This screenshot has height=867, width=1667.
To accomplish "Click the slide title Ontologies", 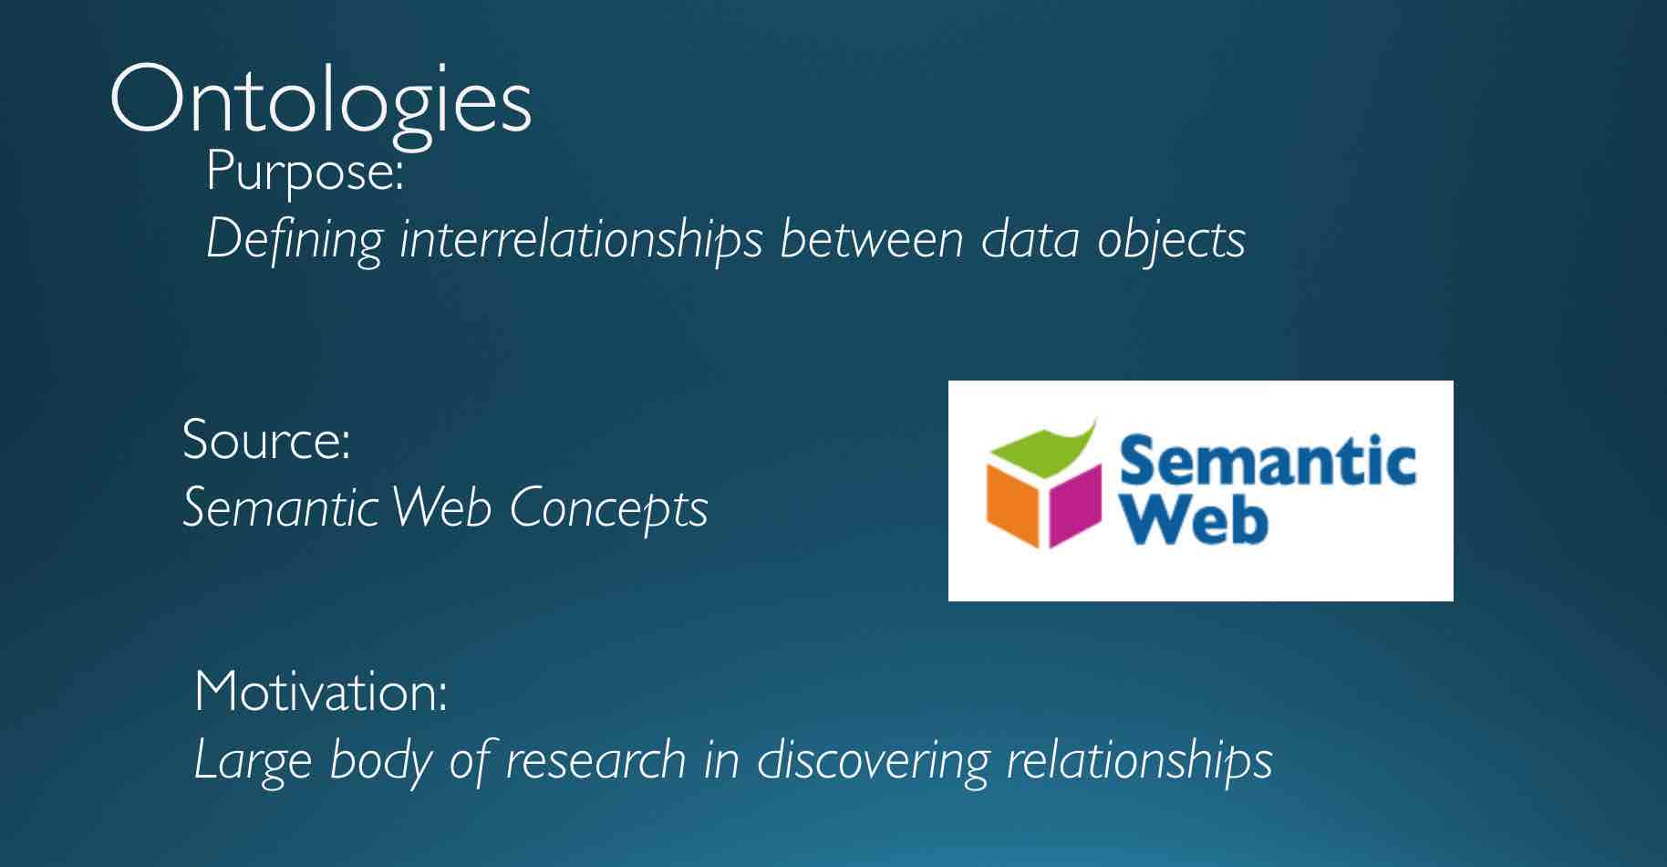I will pyautogui.click(x=320, y=100).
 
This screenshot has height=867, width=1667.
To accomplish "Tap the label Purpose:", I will pyautogui.click(x=305, y=171).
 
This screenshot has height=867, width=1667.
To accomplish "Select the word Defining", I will pyautogui.click(x=294, y=240).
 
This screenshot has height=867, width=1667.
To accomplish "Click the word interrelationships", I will pyautogui.click(x=580, y=240).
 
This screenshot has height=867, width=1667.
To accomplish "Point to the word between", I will pyautogui.click(x=871, y=239).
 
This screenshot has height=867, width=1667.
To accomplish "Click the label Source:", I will pyautogui.click(x=266, y=439).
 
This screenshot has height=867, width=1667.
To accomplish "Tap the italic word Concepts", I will pyautogui.click(x=608, y=507).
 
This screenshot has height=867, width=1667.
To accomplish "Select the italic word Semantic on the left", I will pyautogui.click(x=280, y=507).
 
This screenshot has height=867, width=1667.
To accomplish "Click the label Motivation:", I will pyautogui.click(x=321, y=692).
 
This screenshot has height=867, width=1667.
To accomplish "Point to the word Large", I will pyautogui.click(x=253, y=760).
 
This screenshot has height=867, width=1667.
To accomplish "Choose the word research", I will pyautogui.click(x=595, y=760).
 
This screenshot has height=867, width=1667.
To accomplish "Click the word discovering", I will pyautogui.click(x=873, y=760).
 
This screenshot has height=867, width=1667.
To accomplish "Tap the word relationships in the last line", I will pyautogui.click(x=1139, y=760).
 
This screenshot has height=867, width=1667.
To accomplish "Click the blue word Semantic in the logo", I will pyautogui.click(x=1267, y=461).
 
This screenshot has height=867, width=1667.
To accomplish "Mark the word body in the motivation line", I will pyautogui.click(x=379, y=760).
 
